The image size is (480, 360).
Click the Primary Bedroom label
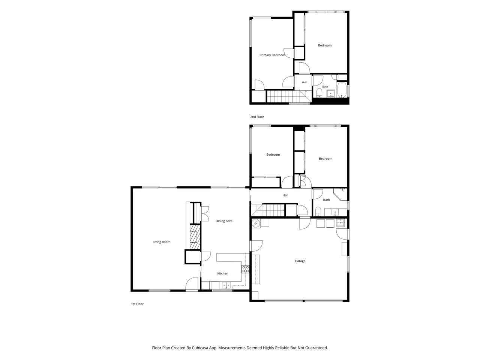pyautogui.click(x=272, y=55)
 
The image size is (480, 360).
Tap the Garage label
pyautogui.click(x=300, y=261)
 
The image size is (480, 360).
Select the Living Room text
pyautogui.click(x=161, y=242)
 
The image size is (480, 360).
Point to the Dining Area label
pyautogui.click(x=224, y=221)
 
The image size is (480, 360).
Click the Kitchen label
pyautogui.click(x=223, y=273)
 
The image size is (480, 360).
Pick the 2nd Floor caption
pyautogui.click(x=257, y=117)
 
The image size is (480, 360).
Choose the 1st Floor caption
pyautogui.click(x=137, y=304)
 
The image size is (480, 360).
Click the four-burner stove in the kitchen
pyautogui.click(x=245, y=269)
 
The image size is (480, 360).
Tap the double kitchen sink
pyautogui.click(x=226, y=285)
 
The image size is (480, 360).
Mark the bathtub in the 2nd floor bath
pyautogui.click(x=342, y=90)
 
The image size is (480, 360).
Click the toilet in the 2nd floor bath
pyautogui.click(x=319, y=93)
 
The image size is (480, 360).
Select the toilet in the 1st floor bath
pyautogui.click(x=318, y=211)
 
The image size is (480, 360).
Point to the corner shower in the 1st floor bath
pyautogui.click(x=340, y=194)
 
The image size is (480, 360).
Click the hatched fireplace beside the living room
pyautogui.click(x=195, y=237)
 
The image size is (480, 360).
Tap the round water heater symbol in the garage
pyautogui.click(x=256, y=223)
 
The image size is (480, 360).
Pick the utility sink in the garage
pyautogui.click(x=340, y=223)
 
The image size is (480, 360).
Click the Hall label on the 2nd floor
pyautogui.click(x=304, y=82)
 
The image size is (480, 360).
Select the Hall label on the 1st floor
pyautogui.click(x=285, y=195)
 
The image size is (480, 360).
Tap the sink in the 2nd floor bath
pyautogui.click(x=331, y=93)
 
